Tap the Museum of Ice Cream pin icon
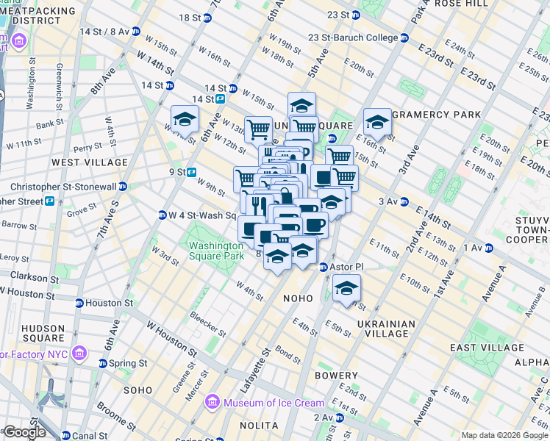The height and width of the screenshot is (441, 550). point(213,402)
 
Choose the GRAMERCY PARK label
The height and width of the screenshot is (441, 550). point(437,115)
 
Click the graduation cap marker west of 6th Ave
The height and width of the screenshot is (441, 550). point(185,119)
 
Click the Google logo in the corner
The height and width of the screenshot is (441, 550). point(24,432)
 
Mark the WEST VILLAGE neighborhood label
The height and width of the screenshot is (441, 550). point(81,161)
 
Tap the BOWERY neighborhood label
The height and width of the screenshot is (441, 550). point(336,376)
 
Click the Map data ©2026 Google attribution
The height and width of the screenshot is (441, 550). point(504,435)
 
